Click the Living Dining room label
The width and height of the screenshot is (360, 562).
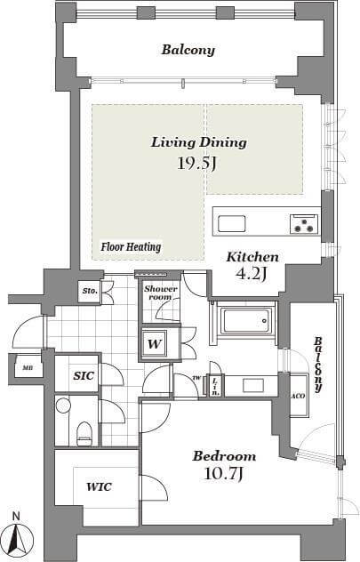(x=199, y=142)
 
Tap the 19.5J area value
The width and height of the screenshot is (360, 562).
(x=197, y=164)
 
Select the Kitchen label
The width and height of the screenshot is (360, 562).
(x=252, y=257)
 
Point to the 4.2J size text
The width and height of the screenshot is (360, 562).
(x=251, y=274)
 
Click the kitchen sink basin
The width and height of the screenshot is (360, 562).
(x=232, y=224)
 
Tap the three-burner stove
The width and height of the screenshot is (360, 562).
(x=304, y=224)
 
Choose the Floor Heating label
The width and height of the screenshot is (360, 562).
(x=131, y=247)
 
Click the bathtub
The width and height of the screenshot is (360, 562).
(x=245, y=320)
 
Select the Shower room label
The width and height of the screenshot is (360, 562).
(x=161, y=293)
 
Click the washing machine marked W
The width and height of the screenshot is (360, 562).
(x=155, y=344)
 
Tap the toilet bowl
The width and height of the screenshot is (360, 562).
(x=84, y=433)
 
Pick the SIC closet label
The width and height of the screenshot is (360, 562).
(x=84, y=375)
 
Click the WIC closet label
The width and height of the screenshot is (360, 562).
(x=99, y=486)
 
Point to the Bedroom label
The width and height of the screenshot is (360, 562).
(x=224, y=456)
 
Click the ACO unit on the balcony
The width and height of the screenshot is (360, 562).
(x=299, y=396)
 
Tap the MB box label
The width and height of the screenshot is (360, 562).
(x=27, y=368)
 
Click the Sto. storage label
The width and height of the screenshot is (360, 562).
(x=90, y=291)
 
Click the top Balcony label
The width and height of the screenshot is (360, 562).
(x=188, y=50)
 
